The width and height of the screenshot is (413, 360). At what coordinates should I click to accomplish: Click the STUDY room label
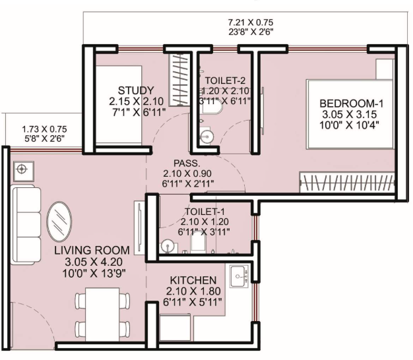pos(136,90)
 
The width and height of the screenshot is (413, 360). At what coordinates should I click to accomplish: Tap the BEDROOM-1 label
pos(352,104)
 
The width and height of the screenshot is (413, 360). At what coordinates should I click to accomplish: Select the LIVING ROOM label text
pos(92,251)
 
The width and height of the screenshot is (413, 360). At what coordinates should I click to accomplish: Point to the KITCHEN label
pos(193,280)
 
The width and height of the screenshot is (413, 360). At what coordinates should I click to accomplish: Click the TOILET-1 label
pos(205,212)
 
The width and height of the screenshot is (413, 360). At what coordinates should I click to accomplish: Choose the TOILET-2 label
pos(225,80)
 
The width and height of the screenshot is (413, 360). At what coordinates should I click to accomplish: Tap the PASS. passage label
pos(187,164)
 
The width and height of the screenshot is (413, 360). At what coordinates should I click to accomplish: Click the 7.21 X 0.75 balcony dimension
pos(251,22)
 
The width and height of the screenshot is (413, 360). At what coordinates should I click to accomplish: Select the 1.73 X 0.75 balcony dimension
pos(44,129)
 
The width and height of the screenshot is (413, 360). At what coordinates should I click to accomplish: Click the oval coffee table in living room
pos(59,222)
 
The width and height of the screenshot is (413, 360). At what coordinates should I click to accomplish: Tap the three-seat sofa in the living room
pos(26,224)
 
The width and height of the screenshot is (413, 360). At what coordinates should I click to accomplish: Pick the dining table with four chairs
pos(102,315)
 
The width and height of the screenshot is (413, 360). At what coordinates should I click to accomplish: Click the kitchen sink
pos(239,276)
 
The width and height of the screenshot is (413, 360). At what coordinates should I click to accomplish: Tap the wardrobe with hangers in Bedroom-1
pos(347,182)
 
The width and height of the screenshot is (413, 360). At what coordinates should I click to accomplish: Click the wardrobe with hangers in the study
pos(179,79)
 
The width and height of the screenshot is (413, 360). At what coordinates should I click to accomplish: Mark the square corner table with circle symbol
pos(24,171)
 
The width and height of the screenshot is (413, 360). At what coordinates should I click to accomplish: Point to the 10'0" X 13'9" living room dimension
pos(94,274)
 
